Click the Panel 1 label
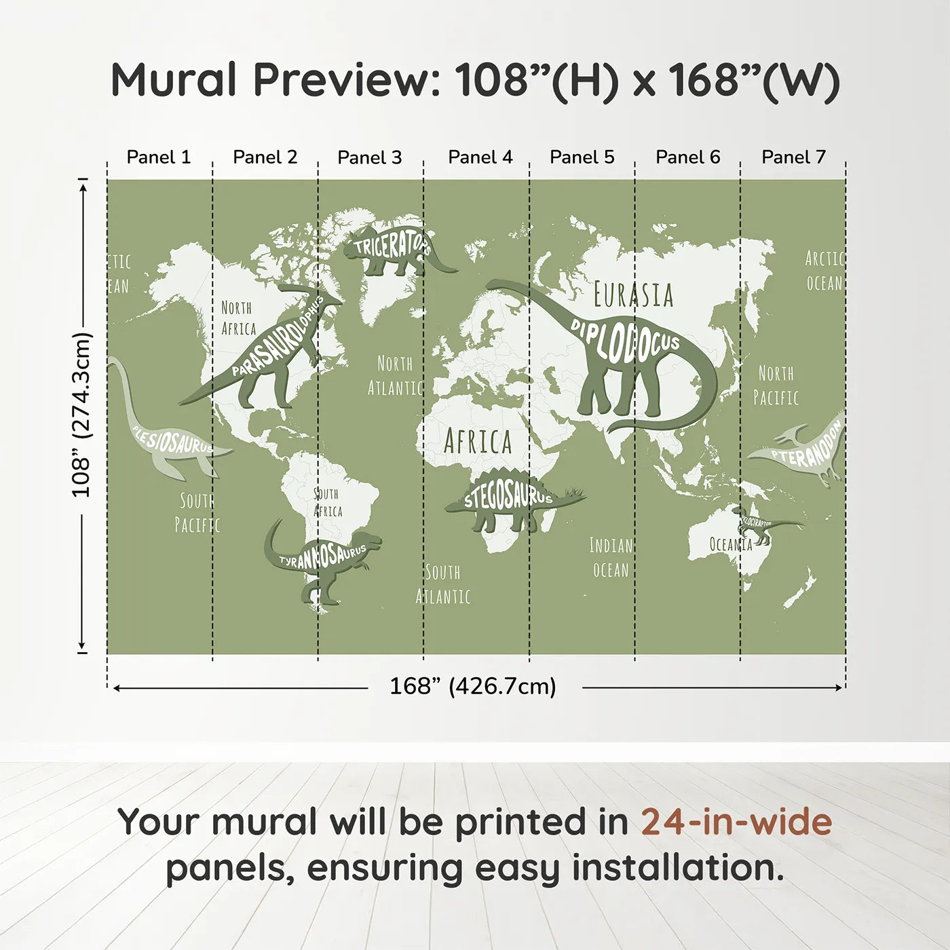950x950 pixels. coord(159,157)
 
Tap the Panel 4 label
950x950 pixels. coord(480,157)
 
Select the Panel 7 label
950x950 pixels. coord(793,157)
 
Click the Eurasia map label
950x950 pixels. coord(633,295)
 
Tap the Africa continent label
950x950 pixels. coord(478,442)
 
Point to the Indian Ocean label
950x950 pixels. coord(611,558)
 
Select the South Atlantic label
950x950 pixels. coord(443,584)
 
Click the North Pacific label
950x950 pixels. coord(776,385)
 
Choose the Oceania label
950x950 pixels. coord(731,544)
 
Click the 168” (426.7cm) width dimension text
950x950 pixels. coord(472,687)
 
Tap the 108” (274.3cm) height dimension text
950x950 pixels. coord(81,415)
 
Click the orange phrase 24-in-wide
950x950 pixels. coord(736,822)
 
